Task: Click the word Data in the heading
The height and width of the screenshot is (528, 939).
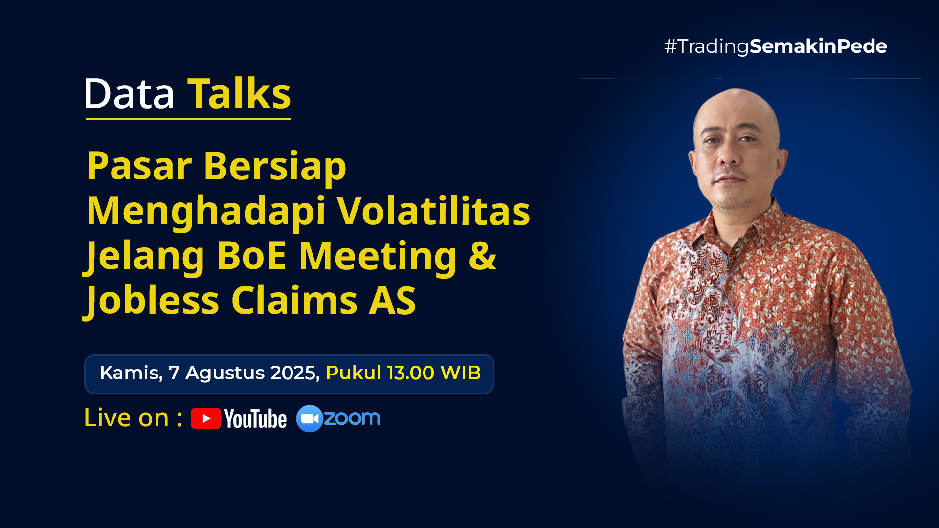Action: coord(129,93)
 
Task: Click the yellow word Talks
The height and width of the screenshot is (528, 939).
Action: coord(240,93)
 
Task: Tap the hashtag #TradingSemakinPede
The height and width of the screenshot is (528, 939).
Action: coord(775,46)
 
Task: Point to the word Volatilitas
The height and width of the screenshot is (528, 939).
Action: coord(434,211)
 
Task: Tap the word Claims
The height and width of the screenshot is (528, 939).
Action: coord(294,300)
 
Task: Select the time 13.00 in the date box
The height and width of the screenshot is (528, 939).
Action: coord(411,373)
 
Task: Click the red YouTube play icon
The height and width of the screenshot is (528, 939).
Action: coord(206,418)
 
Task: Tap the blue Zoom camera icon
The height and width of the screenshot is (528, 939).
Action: coord(310,418)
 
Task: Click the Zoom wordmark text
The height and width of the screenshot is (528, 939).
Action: coord(352,418)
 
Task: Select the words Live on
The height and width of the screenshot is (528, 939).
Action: coord(127,418)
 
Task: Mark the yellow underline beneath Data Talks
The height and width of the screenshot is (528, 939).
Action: coord(188,119)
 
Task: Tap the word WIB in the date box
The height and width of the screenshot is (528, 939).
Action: coord(461,373)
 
